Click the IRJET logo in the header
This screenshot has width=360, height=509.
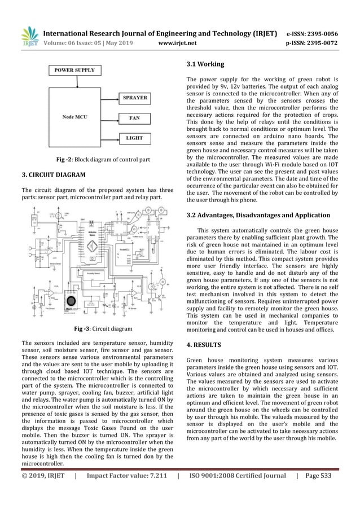tap(29, 36)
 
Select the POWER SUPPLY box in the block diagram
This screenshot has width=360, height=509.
tap(74, 71)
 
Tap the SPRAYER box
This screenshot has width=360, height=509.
tap(134, 98)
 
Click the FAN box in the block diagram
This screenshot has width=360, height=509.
tap(134, 119)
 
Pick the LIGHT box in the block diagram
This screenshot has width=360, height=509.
tap(134, 138)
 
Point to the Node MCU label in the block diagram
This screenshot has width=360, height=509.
tap(74, 117)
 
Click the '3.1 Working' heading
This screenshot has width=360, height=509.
tap(205, 64)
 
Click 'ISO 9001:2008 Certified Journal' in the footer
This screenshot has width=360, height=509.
tap(238, 475)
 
